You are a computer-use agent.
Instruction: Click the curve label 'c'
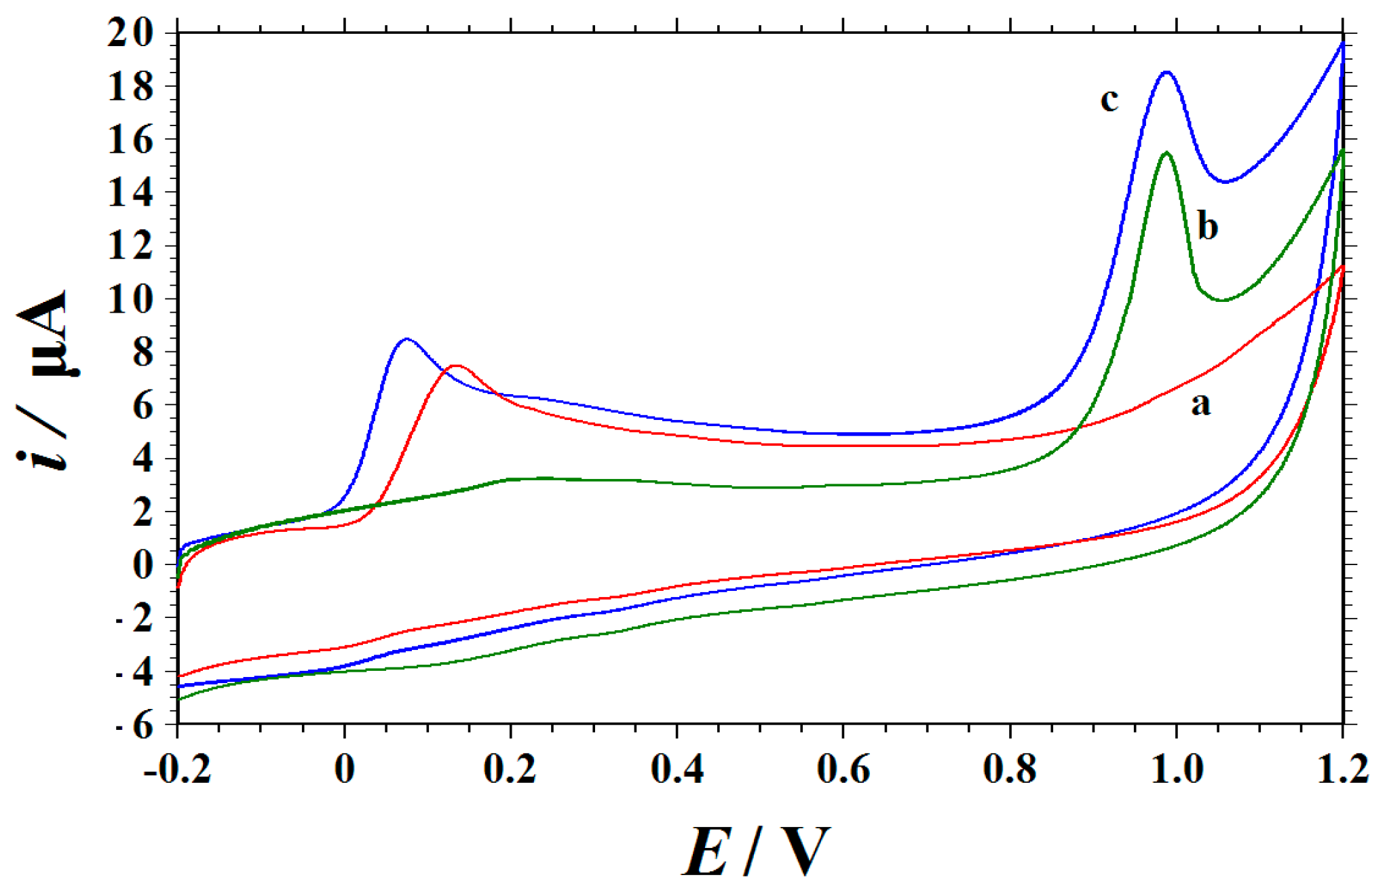coord(1109,100)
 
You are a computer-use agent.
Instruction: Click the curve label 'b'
coord(1207,226)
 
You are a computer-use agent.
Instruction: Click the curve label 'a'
coord(1200,404)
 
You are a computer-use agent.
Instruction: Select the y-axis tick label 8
coord(143,352)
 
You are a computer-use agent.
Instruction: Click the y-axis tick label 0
coord(143,564)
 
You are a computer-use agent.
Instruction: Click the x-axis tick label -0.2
coord(178,770)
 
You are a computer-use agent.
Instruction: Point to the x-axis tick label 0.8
coord(1010,770)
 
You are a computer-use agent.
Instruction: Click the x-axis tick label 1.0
coord(1177,770)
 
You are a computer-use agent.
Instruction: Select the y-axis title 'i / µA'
coord(42,380)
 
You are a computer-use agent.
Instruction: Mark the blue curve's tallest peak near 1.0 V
coord(1166,72)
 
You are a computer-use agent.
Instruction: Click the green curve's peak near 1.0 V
coord(1166,152)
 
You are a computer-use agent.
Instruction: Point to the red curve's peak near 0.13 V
coord(456,366)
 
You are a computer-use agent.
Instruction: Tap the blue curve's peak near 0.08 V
coord(406,339)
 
